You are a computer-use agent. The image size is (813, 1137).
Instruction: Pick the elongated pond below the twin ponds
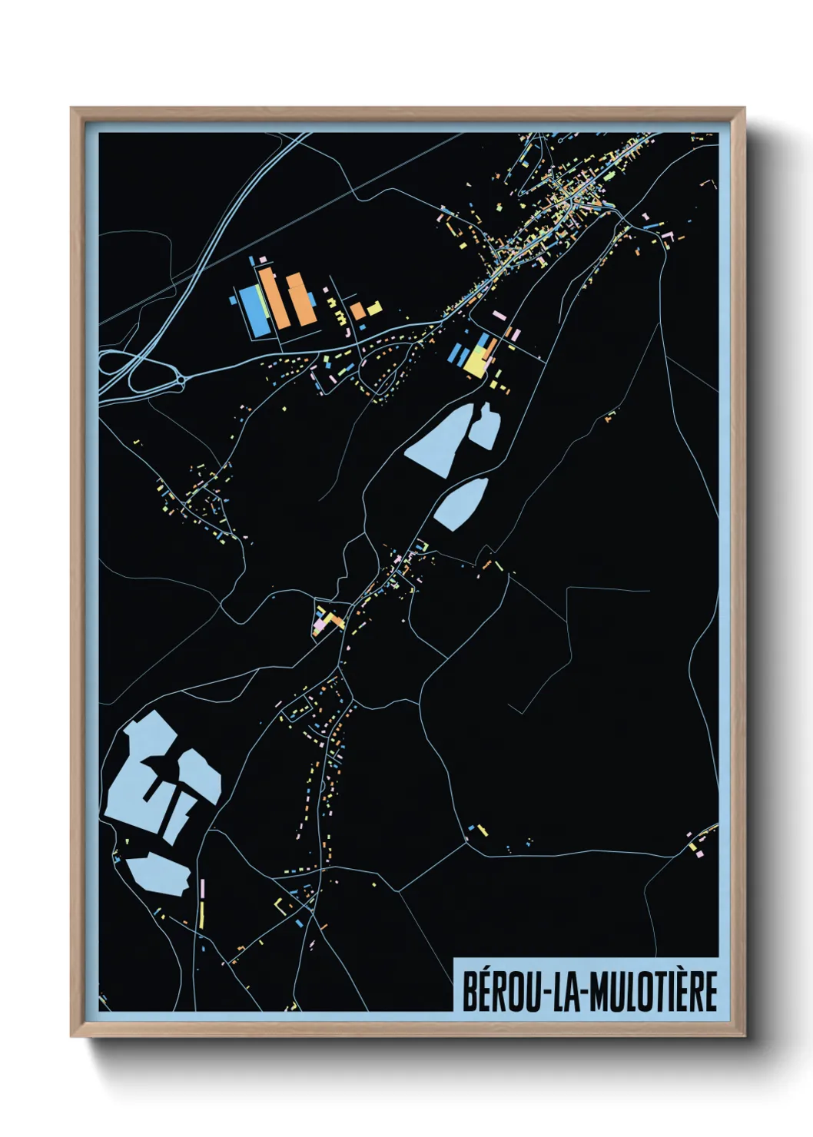click(x=461, y=504)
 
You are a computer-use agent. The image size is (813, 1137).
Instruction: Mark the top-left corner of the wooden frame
click(x=71, y=108)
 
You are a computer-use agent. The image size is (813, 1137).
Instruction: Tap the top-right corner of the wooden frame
click(x=744, y=108)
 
